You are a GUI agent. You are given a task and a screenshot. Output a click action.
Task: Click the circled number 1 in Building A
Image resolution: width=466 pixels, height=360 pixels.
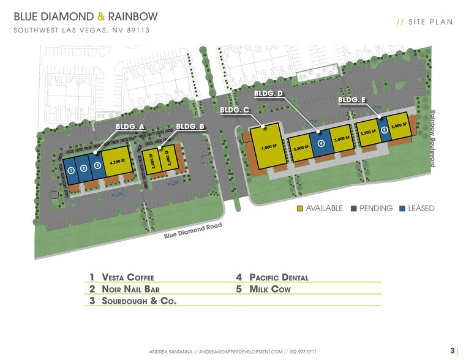click(x=71, y=170)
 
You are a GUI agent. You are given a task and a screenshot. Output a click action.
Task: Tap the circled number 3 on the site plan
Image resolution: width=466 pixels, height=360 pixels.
click(x=97, y=165)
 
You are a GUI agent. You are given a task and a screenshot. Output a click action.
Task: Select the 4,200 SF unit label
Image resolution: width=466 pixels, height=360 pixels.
click(x=118, y=162)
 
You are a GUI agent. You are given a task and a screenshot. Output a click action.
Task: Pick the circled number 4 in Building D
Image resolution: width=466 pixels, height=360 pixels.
click(x=321, y=143)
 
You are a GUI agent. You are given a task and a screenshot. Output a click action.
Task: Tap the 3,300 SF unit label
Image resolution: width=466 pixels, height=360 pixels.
click(x=368, y=132)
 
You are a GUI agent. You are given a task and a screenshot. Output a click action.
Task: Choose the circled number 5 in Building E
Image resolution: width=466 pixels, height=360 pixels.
click(x=384, y=129)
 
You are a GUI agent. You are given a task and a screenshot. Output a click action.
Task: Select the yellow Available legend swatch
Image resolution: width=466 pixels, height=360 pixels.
click(x=299, y=208)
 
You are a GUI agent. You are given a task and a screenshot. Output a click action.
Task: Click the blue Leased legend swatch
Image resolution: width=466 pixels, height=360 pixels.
click(x=403, y=208)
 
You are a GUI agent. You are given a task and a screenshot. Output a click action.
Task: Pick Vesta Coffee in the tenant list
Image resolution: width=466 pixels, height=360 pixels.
click(x=129, y=277)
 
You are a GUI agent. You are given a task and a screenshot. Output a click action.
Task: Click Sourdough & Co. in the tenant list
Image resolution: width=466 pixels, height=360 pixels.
click(x=138, y=301)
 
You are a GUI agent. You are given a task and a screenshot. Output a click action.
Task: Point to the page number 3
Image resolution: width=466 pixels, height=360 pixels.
click(x=452, y=351)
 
